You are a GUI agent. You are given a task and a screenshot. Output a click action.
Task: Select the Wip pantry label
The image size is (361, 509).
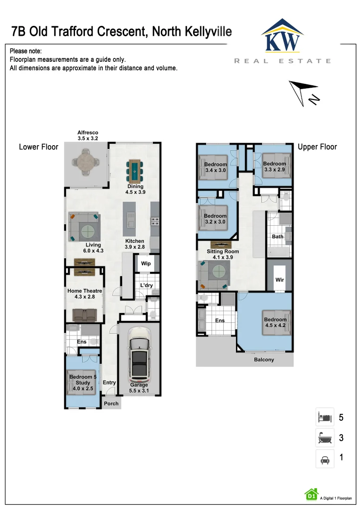point(146,263)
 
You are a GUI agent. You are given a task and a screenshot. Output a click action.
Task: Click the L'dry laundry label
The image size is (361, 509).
point(146,285)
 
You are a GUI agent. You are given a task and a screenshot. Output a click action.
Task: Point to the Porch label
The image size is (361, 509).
point(111,403)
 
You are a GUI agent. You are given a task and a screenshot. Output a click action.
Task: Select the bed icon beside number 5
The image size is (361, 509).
point(325,417)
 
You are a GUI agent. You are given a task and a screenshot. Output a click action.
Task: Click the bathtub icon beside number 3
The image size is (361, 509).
point(325,438)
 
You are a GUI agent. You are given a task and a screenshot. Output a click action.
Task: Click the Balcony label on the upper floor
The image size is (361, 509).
point(264,360)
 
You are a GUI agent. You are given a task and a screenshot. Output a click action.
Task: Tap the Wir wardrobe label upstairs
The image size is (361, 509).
point(280,280)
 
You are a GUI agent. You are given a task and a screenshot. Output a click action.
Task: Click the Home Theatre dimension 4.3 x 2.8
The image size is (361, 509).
point(84,297)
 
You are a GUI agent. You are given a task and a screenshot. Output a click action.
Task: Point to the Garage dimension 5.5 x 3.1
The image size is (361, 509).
point(139,391)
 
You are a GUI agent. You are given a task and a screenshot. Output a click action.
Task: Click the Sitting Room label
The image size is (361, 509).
point(223,252)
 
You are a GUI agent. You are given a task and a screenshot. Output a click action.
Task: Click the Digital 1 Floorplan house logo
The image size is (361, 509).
point(311,494)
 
